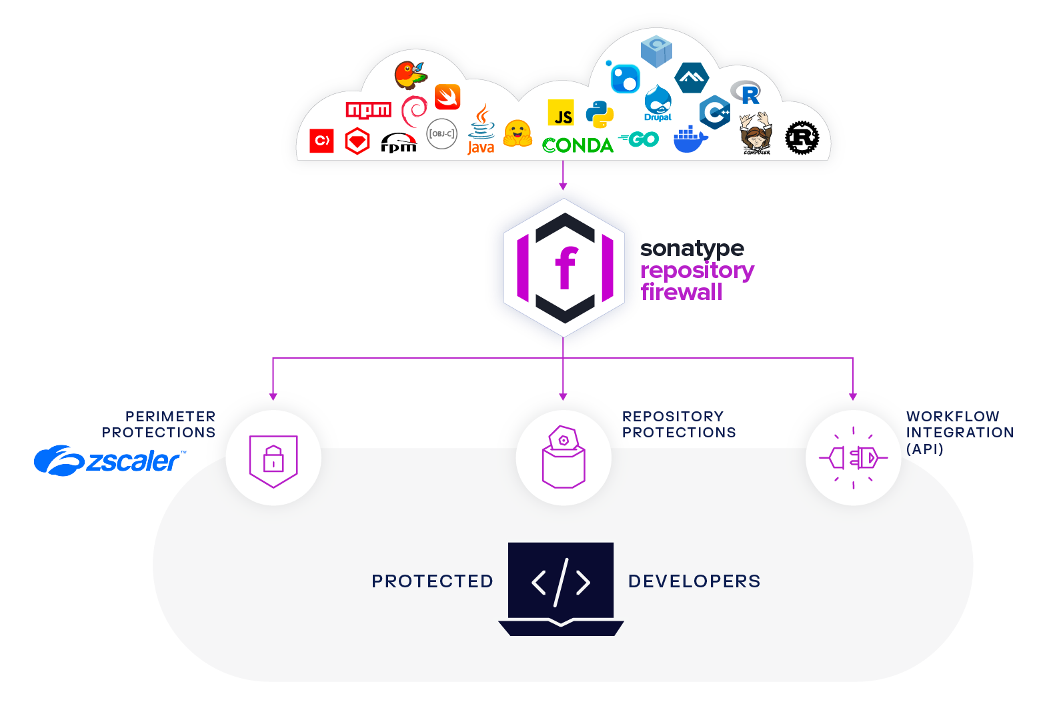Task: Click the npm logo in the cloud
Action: [x=368, y=110]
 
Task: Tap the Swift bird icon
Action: [x=447, y=97]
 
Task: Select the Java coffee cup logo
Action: [x=481, y=130]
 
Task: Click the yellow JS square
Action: [x=561, y=113]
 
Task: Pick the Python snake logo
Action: [x=600, y=115]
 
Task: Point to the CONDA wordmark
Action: [x=578, y=145]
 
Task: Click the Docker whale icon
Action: [x=690, y=139]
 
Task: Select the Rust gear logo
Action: [x=802, y=138]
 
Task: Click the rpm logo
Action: [x=398, y=143]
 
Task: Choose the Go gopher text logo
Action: [x=639, y=139]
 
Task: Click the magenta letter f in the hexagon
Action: [x=566, y=268]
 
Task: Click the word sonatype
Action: [x=692, y=249]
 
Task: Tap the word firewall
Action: [x=682, y=292]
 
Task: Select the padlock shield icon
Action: [x=273, y=460]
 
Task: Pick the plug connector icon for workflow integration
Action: [x=854, y=458]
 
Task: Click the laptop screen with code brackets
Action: [x=561, y=580]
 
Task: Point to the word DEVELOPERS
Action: [x=694, y=581]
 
